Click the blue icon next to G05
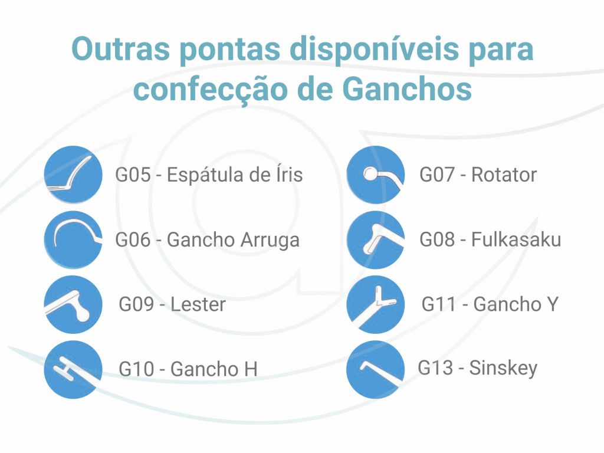coord(73,175)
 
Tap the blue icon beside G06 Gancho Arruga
coord(73,239)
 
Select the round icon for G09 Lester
coord(73,304)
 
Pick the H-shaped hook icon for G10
coord(73,369)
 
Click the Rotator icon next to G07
coord(376,175)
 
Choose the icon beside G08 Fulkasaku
coord(376,239)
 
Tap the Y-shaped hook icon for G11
coord(376,304)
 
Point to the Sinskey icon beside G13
coord(376,369)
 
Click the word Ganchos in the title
coord(407,90)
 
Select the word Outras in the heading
coord(120,49)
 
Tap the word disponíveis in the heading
coord(375,50)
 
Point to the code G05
coord(133,175)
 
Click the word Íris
coord(289,174)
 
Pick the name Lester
coord(198,304)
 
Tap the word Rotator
coord(504,175)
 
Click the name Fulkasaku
coord(516,239)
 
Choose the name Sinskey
coord(503,369)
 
